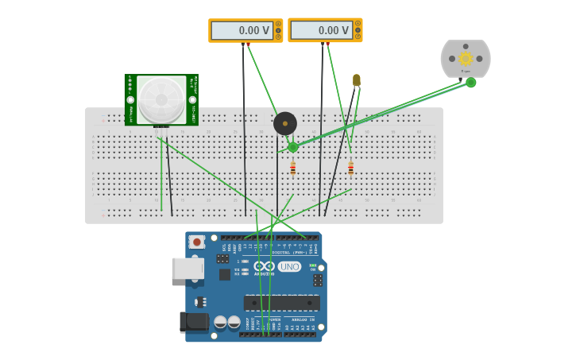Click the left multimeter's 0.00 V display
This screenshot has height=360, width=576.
pyautogui.click(x=242, y=30)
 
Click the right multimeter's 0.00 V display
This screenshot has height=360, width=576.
pyautogui.click(x=321, y=30)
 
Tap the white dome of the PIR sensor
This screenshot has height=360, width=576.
pyautogui.click(x=161, y=99)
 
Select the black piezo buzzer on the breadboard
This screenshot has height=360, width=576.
pyautogui.click(x=285, y=123)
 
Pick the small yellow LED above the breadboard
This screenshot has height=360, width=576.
pyautogui.click(x=357, y=80)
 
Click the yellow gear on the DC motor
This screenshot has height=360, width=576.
pyautogui.click(x=466, y=58)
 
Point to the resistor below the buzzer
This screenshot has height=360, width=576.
pyautogui.click(x=293, y=168)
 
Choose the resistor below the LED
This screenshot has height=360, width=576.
pyautogui.click(x=350, y=168)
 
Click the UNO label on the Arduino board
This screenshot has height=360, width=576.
pyautogui.click(x=289, y=267)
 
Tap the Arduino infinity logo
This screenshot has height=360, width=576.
pyautogui.click(x=264, y=266)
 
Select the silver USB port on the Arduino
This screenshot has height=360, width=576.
pyautogui.click(x=187, y=269)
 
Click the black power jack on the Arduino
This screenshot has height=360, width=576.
pyautogui.click(x=194, y=321)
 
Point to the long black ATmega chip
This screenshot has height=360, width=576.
pyautogui.click(x=282, y=303)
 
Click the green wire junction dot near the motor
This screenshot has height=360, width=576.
pyautogui.click(x=471, y=83)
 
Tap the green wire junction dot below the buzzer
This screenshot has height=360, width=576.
pyautogui.click(x=293, y=147)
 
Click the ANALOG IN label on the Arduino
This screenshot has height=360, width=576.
pyautogui.click(x=303, y=319)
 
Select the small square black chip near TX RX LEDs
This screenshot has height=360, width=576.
pyautogui.click(x=225, y=274)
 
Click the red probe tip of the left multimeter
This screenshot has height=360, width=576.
pyautogui.click(x=248, y=44)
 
